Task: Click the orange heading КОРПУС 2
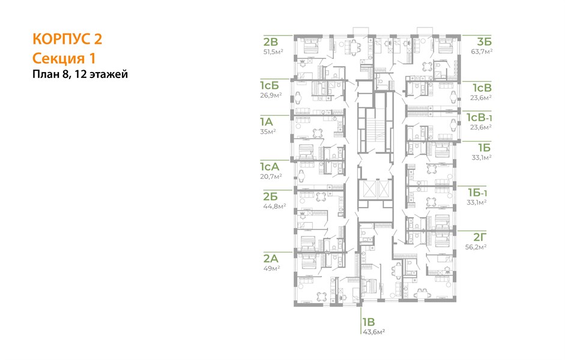[x=67, y=39]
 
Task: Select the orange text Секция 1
[x=64, y=58]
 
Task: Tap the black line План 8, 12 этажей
[x=80, y=74]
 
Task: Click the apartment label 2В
[x=271, y=42]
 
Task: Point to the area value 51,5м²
[x=273, y=52]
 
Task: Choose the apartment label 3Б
[x=485, y=42]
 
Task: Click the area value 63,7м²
[x=482, y=51]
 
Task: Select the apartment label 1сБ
[x=270, y=86]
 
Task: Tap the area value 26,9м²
[x=271, y=95]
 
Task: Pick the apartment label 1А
[x=267, y=122]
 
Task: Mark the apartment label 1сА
[x=270, y=167]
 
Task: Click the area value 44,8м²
[x=274, y=206]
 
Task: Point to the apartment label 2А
[x=271, y=259]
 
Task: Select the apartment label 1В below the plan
[x=369, y=322]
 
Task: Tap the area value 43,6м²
[x=373, y=332]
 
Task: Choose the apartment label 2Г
[x=480, y=237]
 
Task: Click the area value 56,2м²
[x=476, y=247]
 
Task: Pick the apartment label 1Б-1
[x=477, y=193]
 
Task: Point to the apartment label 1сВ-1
[x=479, y=118]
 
